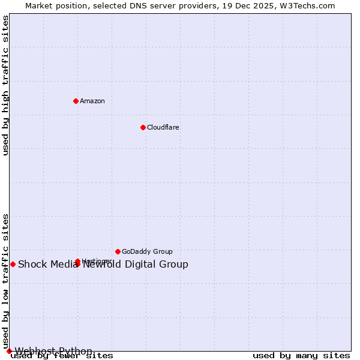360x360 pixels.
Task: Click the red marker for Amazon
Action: pos(76,101)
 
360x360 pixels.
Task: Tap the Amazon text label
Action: pos(92,101)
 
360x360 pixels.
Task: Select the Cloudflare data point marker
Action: pos(143,127)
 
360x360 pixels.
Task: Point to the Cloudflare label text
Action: pos(163,127)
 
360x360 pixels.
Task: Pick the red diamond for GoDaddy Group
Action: pos(118,251)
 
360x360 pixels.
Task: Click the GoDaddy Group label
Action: pos(147,251)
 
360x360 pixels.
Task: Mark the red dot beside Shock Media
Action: pos(13,264)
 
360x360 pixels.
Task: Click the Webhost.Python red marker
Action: pos(9,351)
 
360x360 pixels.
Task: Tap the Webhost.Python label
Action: pos(53,351)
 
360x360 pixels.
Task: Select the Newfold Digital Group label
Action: pos(136,265)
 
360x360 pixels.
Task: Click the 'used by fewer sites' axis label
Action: pos(62,356)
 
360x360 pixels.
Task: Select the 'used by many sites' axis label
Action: pos(301,356)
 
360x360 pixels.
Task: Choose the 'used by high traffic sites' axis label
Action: pos(5,85)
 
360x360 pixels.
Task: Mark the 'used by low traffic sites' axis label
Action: pos(5,281)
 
